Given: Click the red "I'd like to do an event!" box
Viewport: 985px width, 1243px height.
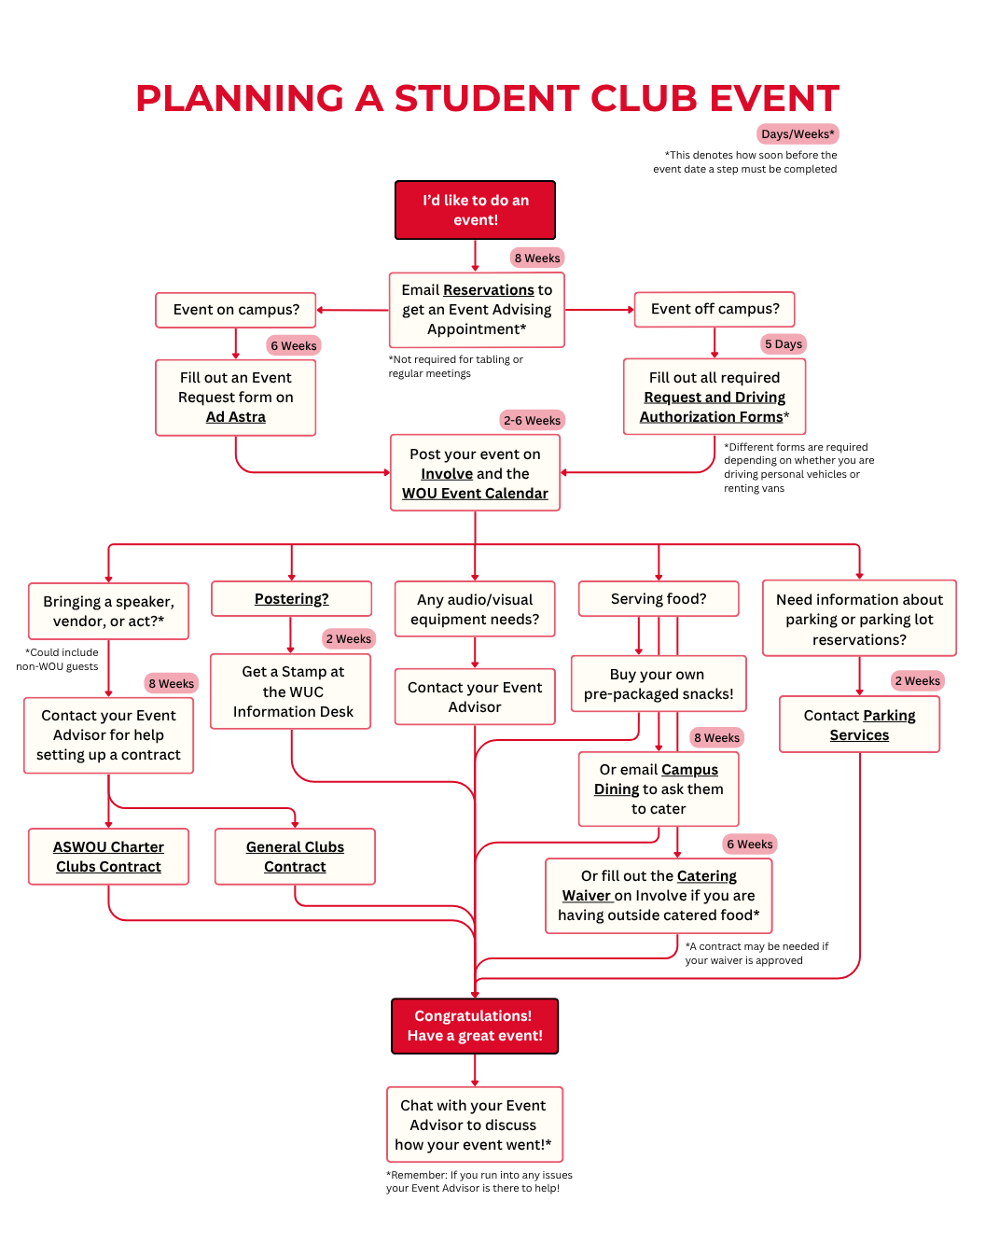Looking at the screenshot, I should pyautogui.click(x=475, y=210).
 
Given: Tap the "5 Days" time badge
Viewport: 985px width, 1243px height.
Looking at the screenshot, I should pyautogui.click(x=783, y=343).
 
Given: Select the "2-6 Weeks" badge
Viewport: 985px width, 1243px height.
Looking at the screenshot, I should pyautogui.click(x=532, y=420).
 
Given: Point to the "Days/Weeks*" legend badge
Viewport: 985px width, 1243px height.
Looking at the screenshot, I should pyautogui.click(x=798, y=133).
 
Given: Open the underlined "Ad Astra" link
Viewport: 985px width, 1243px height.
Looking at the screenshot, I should pyautogui.click(x=235, y=417).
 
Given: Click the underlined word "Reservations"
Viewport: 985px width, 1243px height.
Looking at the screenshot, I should pyautogui.click(x=488, y=290).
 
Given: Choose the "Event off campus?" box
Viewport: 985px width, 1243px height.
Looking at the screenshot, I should pyautogui.click(x=714, y=309).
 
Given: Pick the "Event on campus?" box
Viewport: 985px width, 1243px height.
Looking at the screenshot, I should pyautogui.click(x=236, y=310).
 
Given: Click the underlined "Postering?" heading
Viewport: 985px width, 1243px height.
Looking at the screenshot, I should pyautogui.click(x=291, y=599).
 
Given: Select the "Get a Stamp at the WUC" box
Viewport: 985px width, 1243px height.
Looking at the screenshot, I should pyautogui.click(x=292, y=691).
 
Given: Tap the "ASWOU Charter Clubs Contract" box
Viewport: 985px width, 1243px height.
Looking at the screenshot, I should pyautogui.click(x=108, y=857).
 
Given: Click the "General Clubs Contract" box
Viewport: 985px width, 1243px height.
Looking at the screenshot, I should pyautogui.click(x=295, y=857).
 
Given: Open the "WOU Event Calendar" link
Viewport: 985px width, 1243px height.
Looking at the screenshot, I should pyautogui.click(x=475, y=494).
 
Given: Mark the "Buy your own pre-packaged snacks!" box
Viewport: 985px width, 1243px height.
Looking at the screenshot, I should pyautogui.click(x=659, y=684).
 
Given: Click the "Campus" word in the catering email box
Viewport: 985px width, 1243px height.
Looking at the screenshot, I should pyautogui.click(x=690, y=770).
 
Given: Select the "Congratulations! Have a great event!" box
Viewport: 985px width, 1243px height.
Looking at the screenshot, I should pyautogui.click(x=475, y=1026).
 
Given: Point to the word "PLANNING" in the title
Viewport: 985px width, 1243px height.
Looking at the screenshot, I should pyautogui.click(x=240, y=98).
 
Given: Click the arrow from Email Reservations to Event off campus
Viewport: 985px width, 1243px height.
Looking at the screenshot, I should pyautogui.click(x=599, y=310).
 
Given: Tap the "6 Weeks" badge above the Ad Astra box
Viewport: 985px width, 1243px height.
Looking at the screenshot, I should pyautogui.click(x=293, y=345).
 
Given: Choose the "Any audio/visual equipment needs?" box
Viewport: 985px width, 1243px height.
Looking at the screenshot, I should pyautogui.click(x=475, y=609).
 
